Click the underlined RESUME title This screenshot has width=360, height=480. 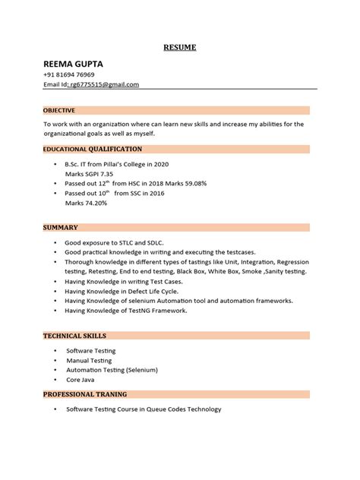point(180,48)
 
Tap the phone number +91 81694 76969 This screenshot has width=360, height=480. point(75,74)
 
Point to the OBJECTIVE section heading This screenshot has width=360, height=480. point(58,110)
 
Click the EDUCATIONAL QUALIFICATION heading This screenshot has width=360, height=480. point(92,150)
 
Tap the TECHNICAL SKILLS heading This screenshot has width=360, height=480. point(74,336)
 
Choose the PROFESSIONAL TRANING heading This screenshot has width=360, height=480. point(84,395)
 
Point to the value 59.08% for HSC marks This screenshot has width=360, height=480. point(192,184)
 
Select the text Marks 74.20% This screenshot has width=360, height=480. point(87,204)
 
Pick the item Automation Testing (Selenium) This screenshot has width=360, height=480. point(112,369)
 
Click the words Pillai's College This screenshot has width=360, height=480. point(128,164)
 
